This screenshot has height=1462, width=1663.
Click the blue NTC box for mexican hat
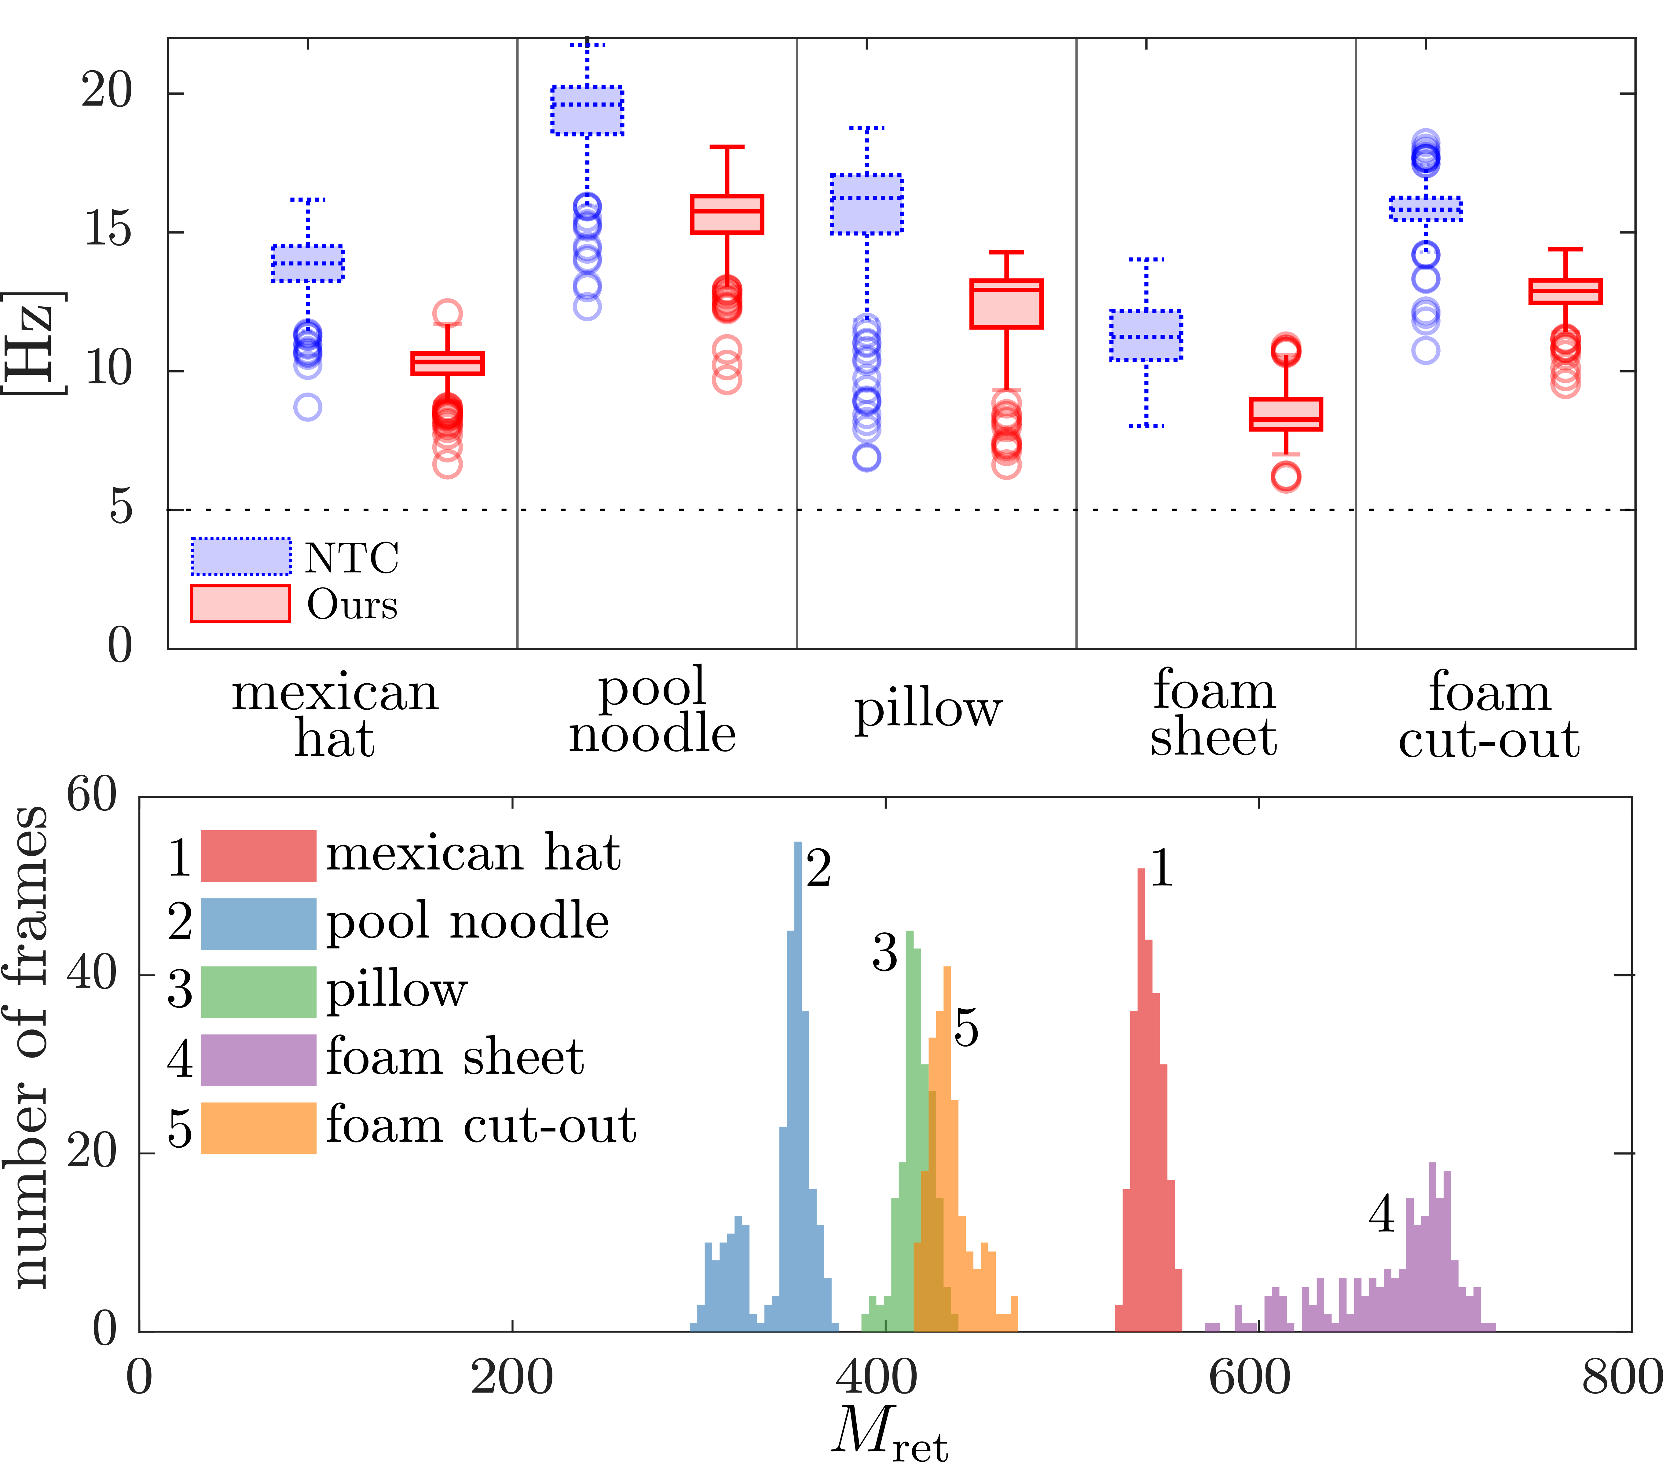pyautogui.click(x=308, y=263)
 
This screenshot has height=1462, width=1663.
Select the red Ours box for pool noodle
pyautogui.click(x=727, y=214)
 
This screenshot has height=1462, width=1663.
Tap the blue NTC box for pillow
pyautogui.click(x=866, y=204)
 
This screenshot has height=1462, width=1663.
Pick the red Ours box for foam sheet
pyautogui.click(x=1285, y=414)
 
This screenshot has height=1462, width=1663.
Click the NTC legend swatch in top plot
pyautogui.click(x=241, y=557)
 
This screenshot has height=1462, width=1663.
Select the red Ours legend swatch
pyautogui.click(x=241, y=604)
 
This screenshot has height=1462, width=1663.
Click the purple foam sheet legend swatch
pyautogui.click(x=258, y=1060)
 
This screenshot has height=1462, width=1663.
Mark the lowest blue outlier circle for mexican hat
pyautogui.click(x=308, y=407)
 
